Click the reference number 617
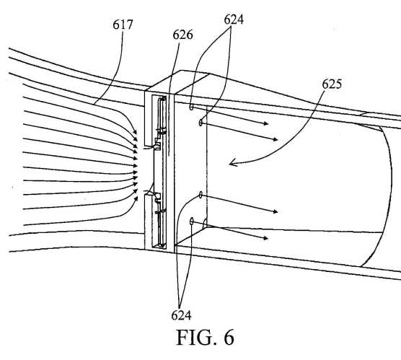123,25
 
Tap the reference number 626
182,35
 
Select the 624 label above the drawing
234,19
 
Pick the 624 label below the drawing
181,315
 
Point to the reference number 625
332,84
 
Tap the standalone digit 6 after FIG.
229,338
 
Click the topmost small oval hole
191,107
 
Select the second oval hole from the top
200,123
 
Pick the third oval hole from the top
200,195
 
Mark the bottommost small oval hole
192,221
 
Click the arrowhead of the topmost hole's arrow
266,123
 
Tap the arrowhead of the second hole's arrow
276,139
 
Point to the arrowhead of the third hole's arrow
276,211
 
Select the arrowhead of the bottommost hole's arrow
265,238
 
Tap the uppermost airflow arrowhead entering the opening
135,132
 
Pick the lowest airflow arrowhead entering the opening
136,199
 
